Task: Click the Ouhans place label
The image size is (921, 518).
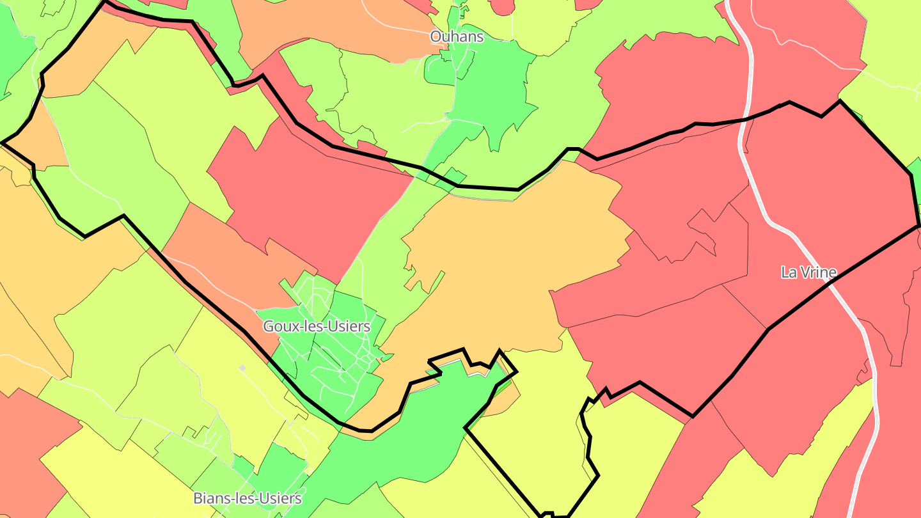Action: [457, 37]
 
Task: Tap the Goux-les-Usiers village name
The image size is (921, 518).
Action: [317, 326]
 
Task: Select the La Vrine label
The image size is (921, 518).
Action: [808, 272]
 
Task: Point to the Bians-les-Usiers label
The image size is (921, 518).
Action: [248, 498]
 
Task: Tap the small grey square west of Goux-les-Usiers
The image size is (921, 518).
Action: [242, 368]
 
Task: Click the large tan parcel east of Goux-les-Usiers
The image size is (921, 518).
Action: [512, 256]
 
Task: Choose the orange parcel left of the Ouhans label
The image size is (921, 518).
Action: [333, 26]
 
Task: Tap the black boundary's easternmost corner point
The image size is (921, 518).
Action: [919, 226]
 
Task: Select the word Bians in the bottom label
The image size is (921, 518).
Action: [210, 498]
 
